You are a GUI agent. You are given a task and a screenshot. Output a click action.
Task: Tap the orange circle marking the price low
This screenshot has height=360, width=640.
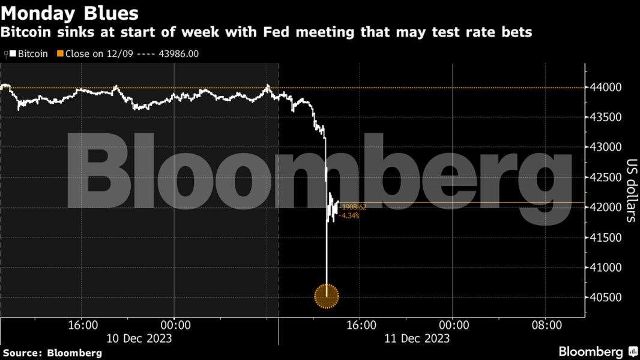click(x=327, y=295)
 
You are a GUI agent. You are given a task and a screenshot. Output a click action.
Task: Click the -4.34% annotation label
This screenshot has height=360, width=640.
click(x=350, y=215)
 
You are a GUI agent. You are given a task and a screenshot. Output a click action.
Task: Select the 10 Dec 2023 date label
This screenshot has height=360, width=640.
click(x=139, y=338)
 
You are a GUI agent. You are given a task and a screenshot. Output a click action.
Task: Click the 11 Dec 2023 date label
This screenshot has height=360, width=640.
click(x=417, y=338)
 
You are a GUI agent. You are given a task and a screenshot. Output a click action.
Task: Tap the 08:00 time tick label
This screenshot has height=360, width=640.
click(x=547, y=325)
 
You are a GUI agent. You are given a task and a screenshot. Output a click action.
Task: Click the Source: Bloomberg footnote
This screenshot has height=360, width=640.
click(x=52, y=352)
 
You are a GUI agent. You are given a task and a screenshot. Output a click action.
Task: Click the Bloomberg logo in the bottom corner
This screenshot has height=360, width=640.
click(x=598, y=352)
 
